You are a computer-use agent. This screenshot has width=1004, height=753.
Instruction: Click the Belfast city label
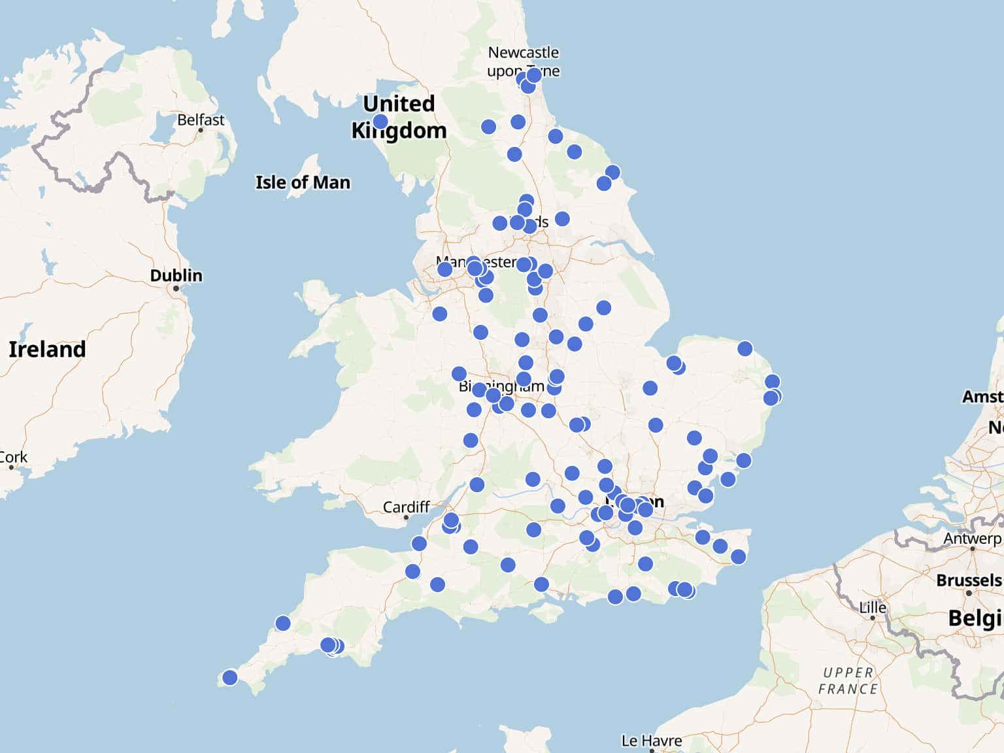[200, 120]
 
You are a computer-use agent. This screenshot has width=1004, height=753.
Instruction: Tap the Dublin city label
[176, 275]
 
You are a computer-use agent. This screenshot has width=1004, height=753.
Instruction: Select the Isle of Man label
[303, 182]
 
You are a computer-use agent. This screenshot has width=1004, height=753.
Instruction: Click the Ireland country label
[47, 349]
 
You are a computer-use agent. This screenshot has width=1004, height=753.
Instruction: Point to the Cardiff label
[406, 507]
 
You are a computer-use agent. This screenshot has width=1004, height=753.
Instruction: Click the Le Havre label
[651, 741]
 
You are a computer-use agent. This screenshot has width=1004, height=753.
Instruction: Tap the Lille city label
[873, 607]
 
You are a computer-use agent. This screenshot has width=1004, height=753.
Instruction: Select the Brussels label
[968, 580]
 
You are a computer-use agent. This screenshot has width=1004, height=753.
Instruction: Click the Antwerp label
[972, 539]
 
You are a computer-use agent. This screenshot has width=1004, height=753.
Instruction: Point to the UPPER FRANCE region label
[848, 680]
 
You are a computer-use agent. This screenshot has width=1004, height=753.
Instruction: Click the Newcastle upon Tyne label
[523, 61]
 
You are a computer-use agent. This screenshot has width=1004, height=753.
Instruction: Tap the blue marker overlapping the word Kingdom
[380, 122]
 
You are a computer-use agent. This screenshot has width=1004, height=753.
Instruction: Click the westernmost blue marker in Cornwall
[230, 677]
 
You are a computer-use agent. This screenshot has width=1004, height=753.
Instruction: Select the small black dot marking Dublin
[176, 288]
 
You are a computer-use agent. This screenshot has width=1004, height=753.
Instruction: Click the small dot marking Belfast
[201, 130]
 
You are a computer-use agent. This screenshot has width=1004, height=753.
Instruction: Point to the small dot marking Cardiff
[406, 518]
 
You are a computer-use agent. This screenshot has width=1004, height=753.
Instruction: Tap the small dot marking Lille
[873, 618]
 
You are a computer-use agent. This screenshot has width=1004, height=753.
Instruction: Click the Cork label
[13, 457]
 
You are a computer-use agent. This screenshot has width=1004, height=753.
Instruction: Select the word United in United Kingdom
[399, 103]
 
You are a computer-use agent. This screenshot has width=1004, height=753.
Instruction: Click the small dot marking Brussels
[969, 593]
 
